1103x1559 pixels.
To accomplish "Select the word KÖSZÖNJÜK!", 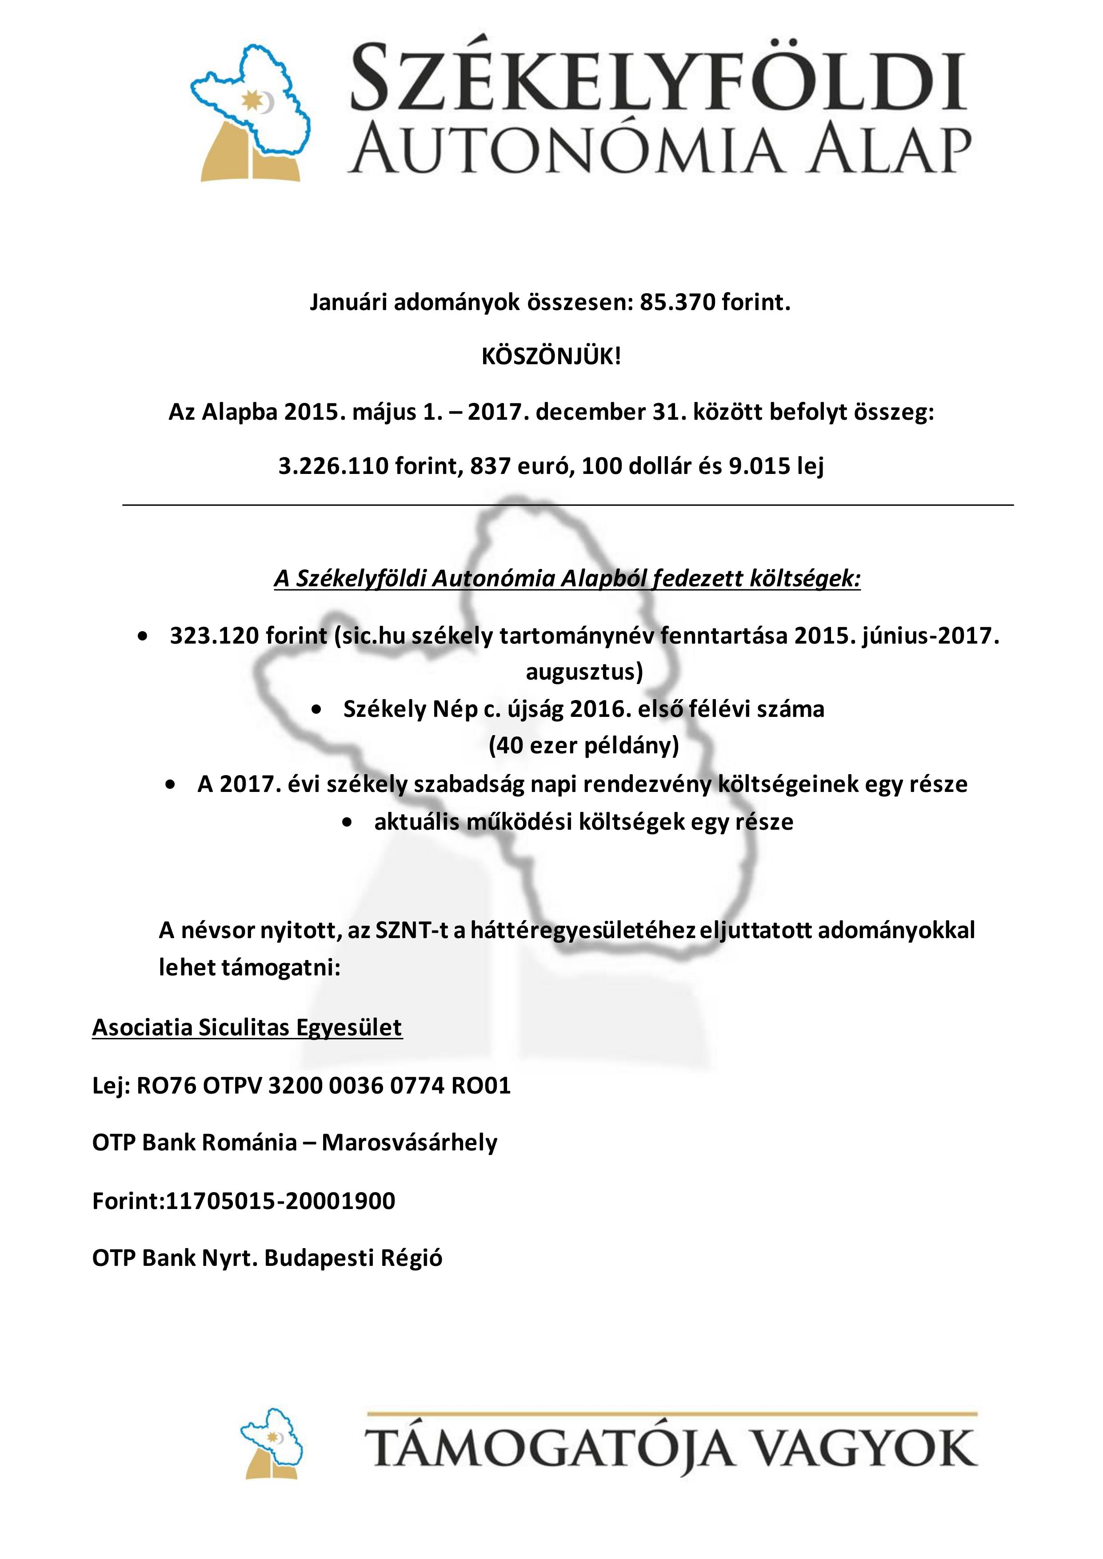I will (x=551, y=357).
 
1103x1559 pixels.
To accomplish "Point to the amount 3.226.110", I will (x=333, y=466).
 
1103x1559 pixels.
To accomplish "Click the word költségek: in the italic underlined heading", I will (x=804, y=578).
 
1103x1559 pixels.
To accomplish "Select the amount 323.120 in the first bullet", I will (x=214, y=636).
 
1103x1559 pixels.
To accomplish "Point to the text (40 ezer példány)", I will (x=583, y=746).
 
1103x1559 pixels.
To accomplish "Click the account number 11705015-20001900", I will (x=280, y=1201).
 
